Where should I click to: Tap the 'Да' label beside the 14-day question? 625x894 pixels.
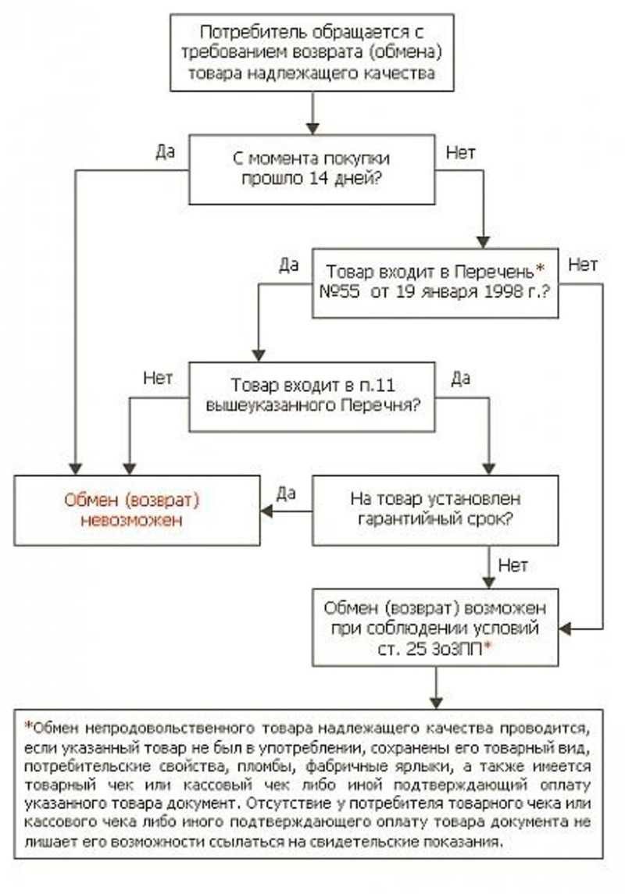click(165, 151)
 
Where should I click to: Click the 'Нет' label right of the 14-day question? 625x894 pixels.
click(460, 151)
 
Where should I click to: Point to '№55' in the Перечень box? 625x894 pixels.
click(341, 294)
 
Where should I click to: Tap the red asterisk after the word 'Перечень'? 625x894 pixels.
click(538, 269)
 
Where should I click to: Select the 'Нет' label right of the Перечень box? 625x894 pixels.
click(583, 265)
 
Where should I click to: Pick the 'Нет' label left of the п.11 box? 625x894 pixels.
click(158, 377)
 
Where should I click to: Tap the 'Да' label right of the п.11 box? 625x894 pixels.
click(461, 377)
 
